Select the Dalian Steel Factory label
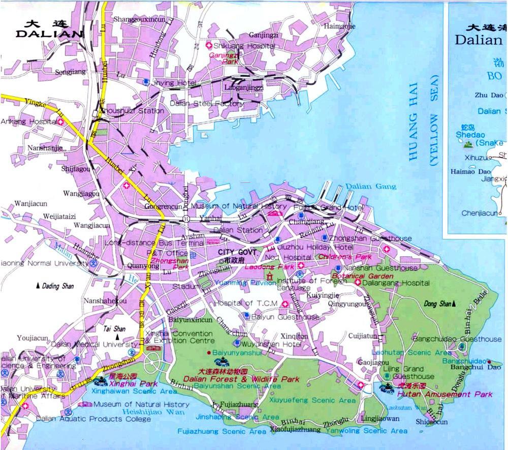[200, 104]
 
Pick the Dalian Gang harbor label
[371, 187]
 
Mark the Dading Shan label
[57, 286]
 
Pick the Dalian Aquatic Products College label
[93, 419]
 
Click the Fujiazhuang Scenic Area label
[221, 431]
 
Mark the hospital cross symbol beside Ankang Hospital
[60, 122]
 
